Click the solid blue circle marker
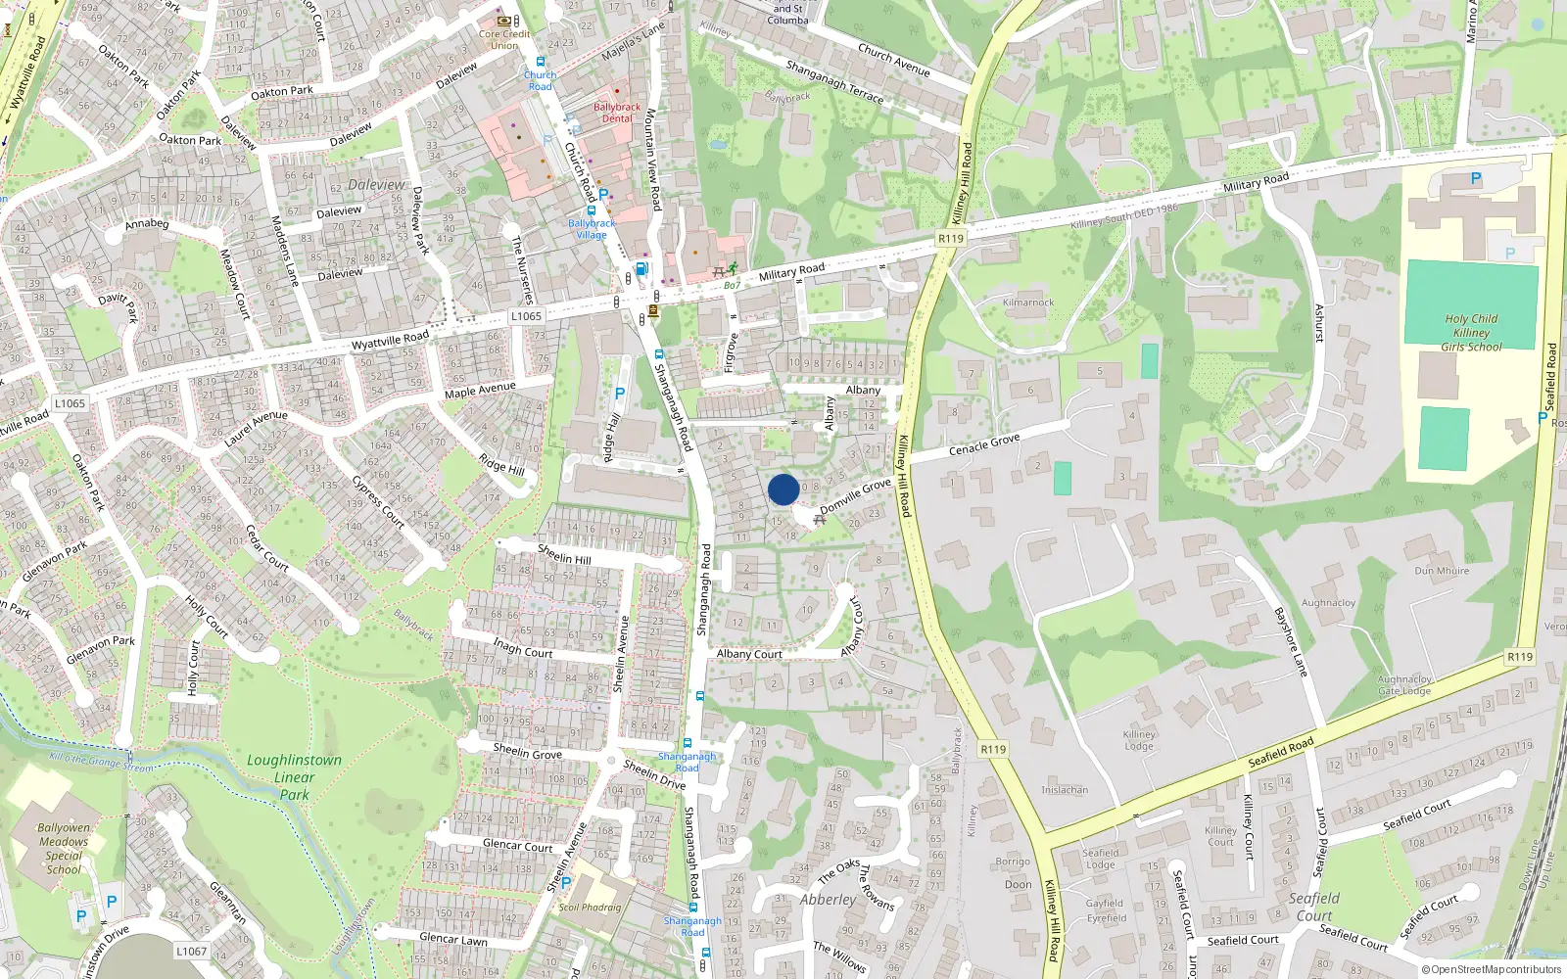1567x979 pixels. click(x=783, y=489)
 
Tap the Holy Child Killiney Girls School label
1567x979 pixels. click(x=1470, y=333)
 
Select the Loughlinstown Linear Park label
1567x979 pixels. click(x=294, y=777)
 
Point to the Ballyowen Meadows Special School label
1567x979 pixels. click(x=64, y=849)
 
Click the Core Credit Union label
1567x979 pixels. click(x=504, y=39)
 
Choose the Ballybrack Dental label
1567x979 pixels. click(x=617, y=113)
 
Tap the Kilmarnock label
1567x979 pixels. click(x=1028, y=303)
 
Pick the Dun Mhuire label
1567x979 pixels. click(x=1442, y=571)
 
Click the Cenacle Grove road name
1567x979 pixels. click(x=984, y=444)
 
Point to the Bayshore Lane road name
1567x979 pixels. click(x=1291, y=642)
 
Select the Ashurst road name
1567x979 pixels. click(x=1319, y=323)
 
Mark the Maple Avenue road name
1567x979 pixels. click(x=480, y=391)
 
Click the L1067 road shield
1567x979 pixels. click(x=192, y=951)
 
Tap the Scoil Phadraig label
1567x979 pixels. click(x=590, y=908)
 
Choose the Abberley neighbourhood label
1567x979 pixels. click(x=828, y=900)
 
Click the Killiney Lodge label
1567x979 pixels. click(x=1139, y=740)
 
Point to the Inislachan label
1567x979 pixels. click(x=1065, y=790)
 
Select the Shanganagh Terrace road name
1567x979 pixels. click(x=834, y=81)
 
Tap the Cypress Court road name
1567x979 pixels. click(x=378, y=502)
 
